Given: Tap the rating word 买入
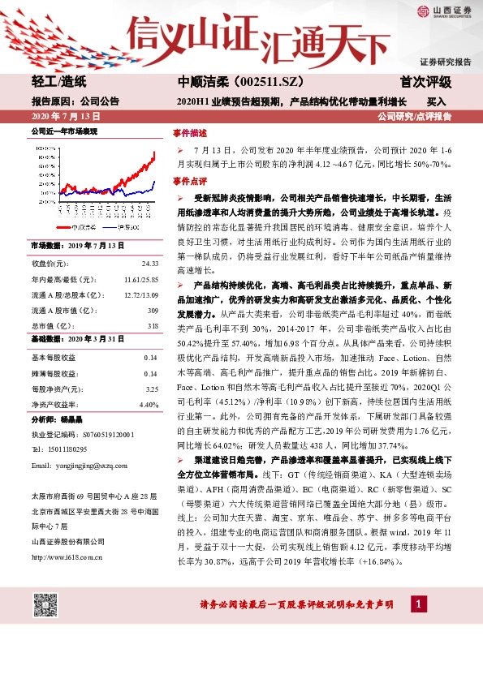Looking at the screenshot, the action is pos(437,103).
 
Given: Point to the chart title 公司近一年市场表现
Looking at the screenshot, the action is pos(63,130).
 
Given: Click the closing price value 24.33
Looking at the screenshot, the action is pos(149,264).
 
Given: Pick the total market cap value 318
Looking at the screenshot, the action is pos(153,325).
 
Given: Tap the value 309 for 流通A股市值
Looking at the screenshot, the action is pos(153,310).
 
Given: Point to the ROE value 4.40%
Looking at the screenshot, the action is pos(149,404).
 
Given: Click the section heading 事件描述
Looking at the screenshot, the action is pos(190,133).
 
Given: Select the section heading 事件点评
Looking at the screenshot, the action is pos(190,181).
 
